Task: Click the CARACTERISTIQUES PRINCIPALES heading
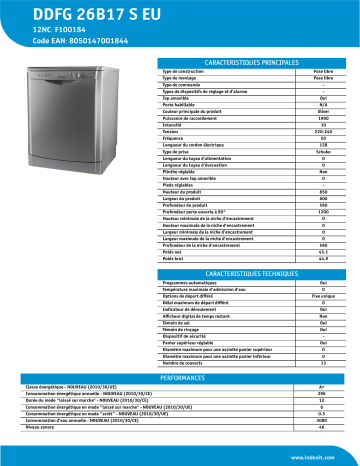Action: click(x=253, y=61)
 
